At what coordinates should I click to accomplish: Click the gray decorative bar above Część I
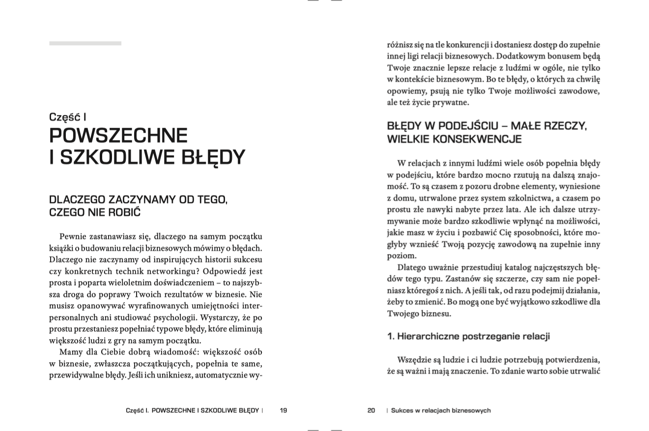(85, 43)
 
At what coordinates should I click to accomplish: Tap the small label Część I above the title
(68, 117)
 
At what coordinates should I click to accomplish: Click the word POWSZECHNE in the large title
(118, 136)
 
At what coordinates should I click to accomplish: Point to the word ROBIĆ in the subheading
(124, 212)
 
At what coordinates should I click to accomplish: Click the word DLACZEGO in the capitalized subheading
(78, 200)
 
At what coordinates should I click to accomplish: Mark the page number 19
(283, 410)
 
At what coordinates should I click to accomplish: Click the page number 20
(371, 410)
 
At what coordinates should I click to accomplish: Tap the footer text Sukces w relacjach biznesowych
(441, 410)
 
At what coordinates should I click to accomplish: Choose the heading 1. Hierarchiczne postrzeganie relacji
(468, 336)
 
